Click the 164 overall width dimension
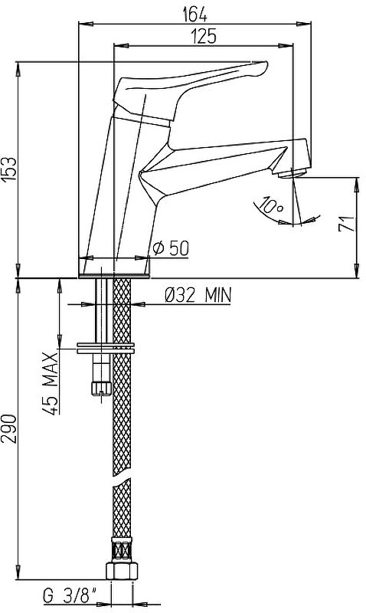click(x=195, y=15)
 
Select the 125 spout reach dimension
click(x=203, y=37)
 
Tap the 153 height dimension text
click(x=9, y=169)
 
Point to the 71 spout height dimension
click(x=346, y=223)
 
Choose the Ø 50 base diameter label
click(x=171, y=247)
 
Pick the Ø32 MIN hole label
click(x=198, y=295)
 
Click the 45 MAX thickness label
click(x=51, y=383)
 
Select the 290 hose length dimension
click(x=9, y=428)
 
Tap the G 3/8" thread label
click(x=70, y=596)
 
